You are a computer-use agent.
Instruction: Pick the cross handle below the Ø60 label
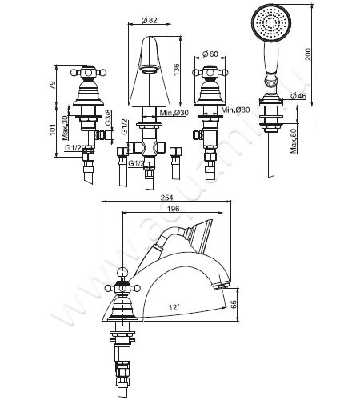point(210,74)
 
